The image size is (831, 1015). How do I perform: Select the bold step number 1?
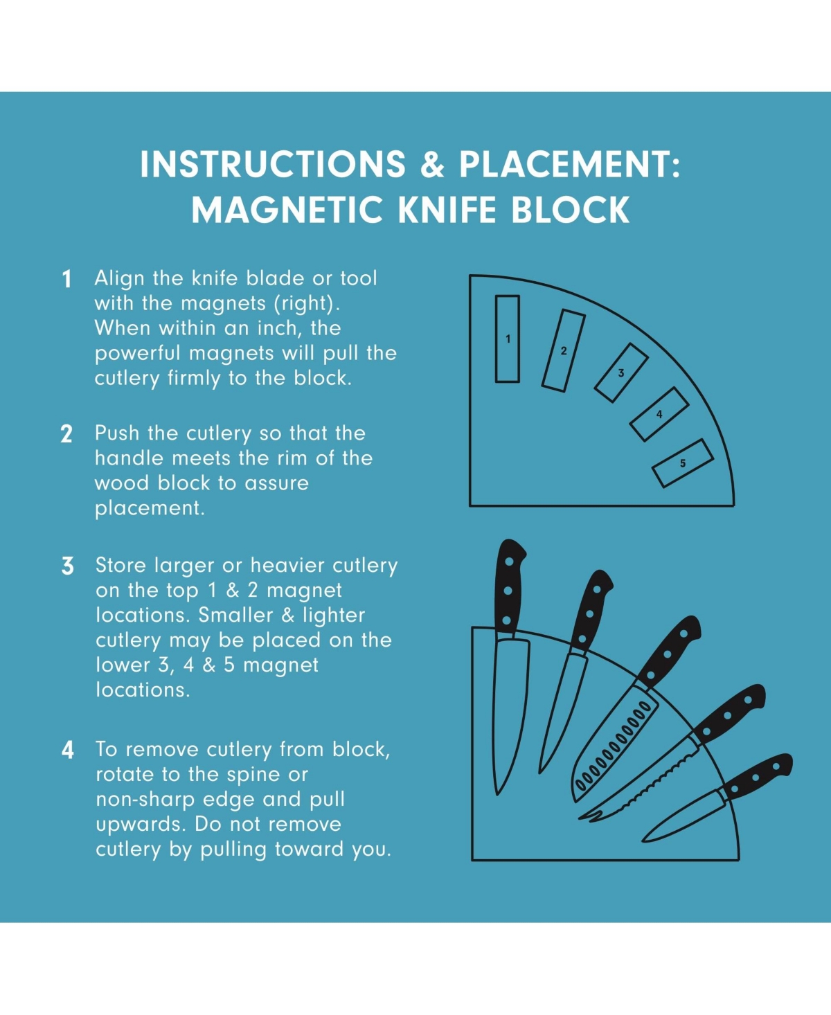tap(66, 279)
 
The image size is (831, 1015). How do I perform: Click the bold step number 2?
tap(66, 434)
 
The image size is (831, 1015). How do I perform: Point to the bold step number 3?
tap(67, 566)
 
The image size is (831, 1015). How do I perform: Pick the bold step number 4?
tap(67, 750)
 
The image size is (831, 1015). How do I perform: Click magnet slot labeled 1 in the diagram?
tap(508, 339)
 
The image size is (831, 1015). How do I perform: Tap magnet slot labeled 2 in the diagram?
tap(564, 350)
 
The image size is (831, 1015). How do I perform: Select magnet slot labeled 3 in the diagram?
tap(621, 372)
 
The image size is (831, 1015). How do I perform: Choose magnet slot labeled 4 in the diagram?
tap(659, 414)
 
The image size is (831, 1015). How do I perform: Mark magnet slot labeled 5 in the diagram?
tap(683, 463)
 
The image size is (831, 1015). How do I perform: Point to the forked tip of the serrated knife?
tap(590, 816)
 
